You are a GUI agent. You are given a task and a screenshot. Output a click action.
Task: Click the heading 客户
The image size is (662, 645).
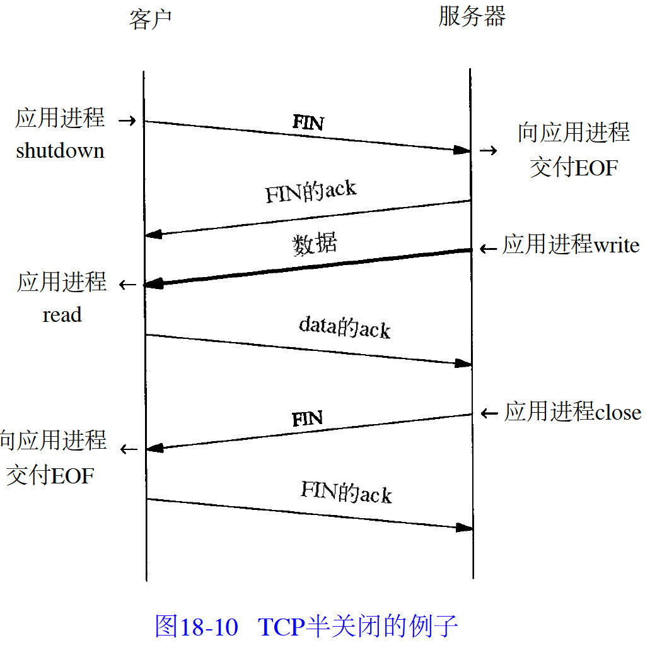click(150, 20)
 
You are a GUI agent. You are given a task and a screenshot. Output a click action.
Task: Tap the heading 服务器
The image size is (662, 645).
click(472, 17)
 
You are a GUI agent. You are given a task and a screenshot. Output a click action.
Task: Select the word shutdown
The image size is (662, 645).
click(60, 151)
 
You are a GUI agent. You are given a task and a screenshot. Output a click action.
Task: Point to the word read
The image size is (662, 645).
click(62, 314)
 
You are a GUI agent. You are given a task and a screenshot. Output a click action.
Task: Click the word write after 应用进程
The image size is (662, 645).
click(617, 246)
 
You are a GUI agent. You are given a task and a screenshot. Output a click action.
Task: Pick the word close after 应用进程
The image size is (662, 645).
click(618, 413)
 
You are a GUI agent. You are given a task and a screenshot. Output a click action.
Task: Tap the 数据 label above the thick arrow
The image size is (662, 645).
click(314, 244)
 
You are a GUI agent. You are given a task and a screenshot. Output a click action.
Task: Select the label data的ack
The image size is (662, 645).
click(344, 327)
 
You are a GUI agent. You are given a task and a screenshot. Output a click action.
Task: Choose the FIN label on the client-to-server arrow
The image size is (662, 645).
click(308, 122)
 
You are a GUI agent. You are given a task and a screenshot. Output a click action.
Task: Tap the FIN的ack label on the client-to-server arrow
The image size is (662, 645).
click(346, 492)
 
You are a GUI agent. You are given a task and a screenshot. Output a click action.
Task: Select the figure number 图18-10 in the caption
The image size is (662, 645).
click(196, 626)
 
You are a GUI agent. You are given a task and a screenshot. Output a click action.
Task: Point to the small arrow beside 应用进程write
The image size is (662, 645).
click(488, 249)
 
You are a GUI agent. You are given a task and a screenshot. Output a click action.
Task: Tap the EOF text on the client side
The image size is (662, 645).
click(71, 475)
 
